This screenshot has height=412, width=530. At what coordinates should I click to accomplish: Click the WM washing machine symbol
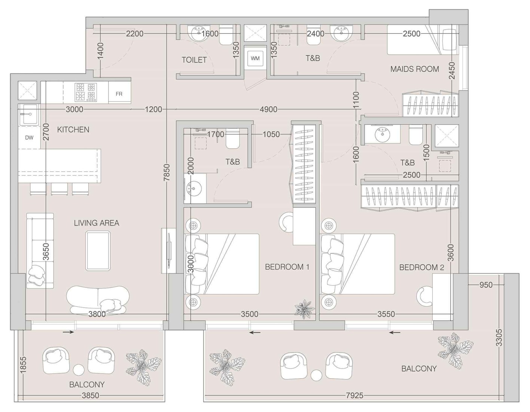(255, 58)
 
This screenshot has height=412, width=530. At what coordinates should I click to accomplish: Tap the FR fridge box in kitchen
(119, 94)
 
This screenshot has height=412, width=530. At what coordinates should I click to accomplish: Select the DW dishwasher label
(29, 137)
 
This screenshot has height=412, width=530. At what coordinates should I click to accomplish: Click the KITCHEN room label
(73, 130)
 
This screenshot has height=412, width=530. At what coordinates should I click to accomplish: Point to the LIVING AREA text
(96, 223)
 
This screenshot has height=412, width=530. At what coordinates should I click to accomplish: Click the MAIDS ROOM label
(414, 69)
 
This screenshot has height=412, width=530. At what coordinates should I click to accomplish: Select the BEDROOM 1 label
(287, 267)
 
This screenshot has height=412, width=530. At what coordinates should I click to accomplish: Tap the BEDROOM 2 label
(421, 267)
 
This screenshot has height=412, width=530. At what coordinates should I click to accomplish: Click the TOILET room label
(194, 60)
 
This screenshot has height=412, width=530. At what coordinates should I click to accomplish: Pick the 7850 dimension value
(167, 173)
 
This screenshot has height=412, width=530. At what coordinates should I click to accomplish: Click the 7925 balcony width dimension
(354, 396)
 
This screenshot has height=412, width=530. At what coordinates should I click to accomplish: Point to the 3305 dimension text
(499, 337)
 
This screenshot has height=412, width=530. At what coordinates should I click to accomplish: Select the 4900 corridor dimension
(269, 109)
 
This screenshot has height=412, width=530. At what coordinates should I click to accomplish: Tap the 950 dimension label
(486, 285)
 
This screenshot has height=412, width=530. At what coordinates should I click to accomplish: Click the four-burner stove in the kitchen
(86, 92)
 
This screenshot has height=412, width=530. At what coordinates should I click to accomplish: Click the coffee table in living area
(98, 251)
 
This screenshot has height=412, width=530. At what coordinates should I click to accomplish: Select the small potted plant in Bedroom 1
(305, 309)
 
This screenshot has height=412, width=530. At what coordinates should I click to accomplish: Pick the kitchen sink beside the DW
(28, 115)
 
